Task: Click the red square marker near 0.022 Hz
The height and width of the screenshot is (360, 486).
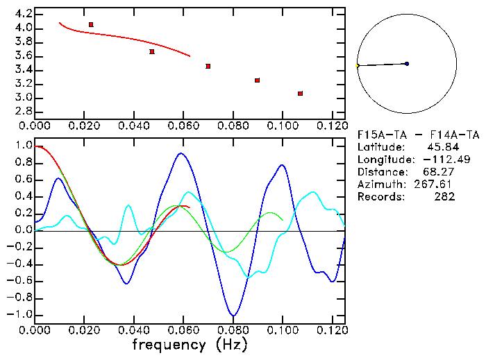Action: tap(91, 25)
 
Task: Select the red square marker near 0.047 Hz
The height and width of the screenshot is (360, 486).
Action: tap(152, 52)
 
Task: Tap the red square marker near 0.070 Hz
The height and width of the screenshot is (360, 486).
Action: tap(208, 67)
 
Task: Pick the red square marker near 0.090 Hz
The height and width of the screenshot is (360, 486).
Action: tap(258, 80)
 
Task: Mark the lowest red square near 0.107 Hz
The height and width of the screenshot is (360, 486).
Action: tap(300, 94)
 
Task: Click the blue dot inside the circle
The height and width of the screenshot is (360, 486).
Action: tap(406, 64)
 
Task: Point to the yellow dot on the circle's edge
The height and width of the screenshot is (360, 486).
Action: tap(358, 66)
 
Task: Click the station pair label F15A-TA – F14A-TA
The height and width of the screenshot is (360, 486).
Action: tap(418, 135)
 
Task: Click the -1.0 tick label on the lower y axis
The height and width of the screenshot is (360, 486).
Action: tap(21, 315)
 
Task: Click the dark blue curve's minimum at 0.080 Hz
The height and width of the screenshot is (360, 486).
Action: tap(233, 316)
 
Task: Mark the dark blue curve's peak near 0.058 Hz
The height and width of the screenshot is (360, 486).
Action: tap(181, 153)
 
